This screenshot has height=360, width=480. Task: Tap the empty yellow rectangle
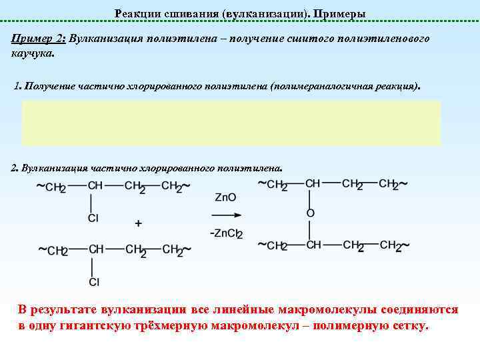(x=231, y=123)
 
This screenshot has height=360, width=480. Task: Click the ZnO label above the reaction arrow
(x=225, y=197)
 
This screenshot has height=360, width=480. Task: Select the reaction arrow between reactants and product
(x=225, y=215)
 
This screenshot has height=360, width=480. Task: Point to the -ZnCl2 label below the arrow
(x=226, y=233)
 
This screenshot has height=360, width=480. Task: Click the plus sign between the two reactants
(x=139, y=223)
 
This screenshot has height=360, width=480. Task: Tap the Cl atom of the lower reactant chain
(x=94, y=282)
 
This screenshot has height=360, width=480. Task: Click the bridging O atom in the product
(x=310, y=213)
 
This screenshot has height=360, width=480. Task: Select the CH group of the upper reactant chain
(x=95, y=186)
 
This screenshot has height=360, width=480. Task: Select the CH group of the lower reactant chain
(x=97, y=249)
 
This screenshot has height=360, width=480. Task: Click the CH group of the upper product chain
(x=313, y=183)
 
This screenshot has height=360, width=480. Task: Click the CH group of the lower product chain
(x=313, y=245)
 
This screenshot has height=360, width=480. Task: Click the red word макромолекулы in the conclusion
(x=303, y=311)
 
